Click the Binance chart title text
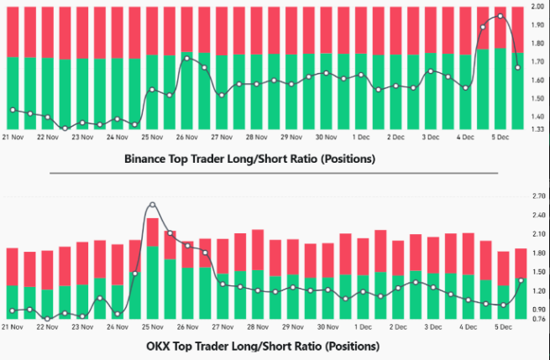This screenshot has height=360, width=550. tap(249, 158)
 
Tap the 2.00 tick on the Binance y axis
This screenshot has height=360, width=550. tap(537, 7)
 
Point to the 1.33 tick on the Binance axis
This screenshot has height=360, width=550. tap(537, 130)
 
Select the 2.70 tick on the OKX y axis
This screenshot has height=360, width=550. tap(537, 196)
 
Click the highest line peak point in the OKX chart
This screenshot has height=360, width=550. tap(152, 205)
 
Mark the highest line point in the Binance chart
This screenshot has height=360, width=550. tap(501, 16)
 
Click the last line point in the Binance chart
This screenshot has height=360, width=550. tap(518, 67)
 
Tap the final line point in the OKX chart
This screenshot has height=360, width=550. tap(521, 280)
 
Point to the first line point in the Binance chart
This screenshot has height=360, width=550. tap(12, 110)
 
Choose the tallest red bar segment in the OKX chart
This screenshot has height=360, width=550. tap(152, 232)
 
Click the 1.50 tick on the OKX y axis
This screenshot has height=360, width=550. tap(537, 271)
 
